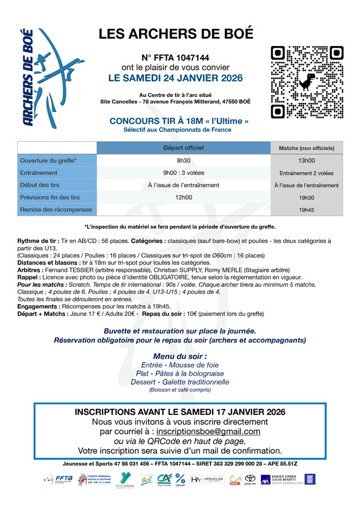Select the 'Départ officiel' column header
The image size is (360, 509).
click(x=183, y=148)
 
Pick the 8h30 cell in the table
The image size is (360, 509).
click(x=183, y=161)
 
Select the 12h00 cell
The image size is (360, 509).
click(x=183, y=197)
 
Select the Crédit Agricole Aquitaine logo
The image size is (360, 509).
click(x=164, y=480)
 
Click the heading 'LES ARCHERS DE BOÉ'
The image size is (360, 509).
click(x=176, y=34)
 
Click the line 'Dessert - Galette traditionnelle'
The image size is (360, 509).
click(x=179, y=382)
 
